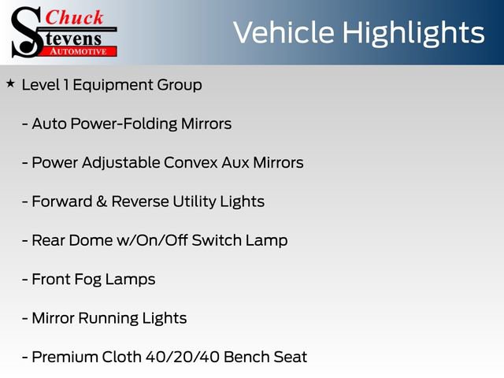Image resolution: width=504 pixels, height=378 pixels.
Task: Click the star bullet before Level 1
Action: click(10, 83)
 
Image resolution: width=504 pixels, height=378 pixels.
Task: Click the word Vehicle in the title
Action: click(280, 33)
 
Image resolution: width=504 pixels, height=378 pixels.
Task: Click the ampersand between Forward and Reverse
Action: click(101, 202)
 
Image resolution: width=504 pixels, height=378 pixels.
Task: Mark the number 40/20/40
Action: click(182, 357)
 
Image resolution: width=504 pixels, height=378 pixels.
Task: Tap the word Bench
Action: click(246, 357)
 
